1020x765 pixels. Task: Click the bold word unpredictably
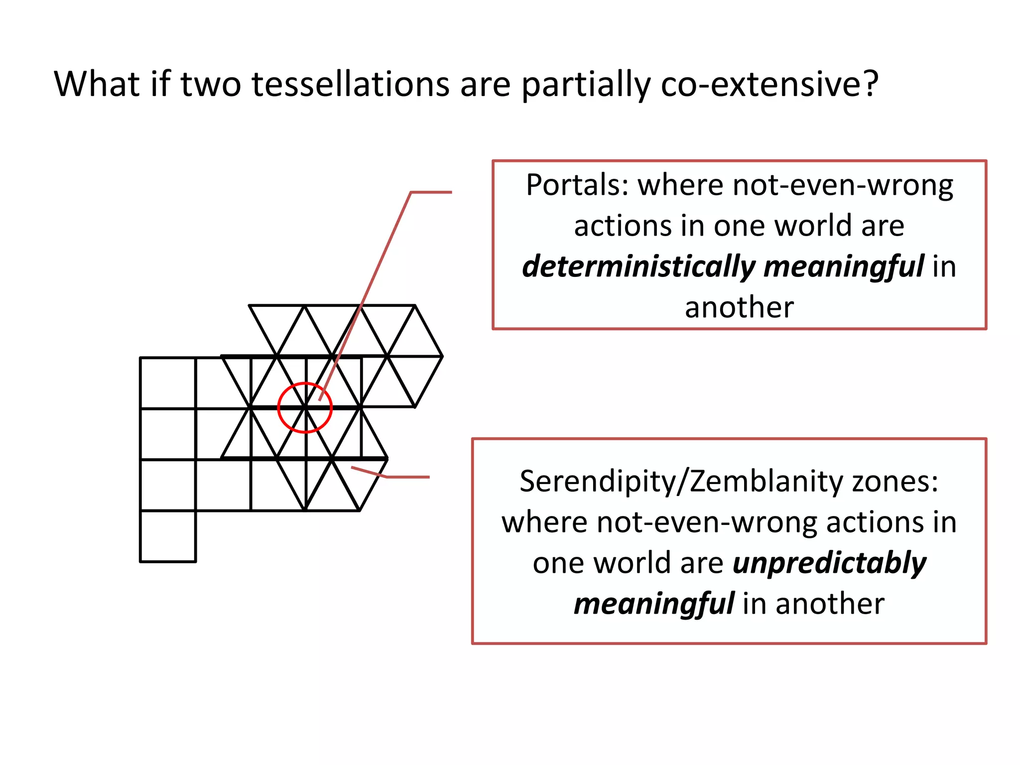pyautogui.click(x=829, y=563)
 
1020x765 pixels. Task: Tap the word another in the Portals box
pyautogui.click(x=739, y=307)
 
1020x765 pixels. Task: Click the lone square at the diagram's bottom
pyautogui.click(x=168, y=536)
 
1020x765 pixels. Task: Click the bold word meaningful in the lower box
pyautogui.click(x=654, y=604)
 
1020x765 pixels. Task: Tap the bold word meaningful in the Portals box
pyautogui.click(x=844, y=266)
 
